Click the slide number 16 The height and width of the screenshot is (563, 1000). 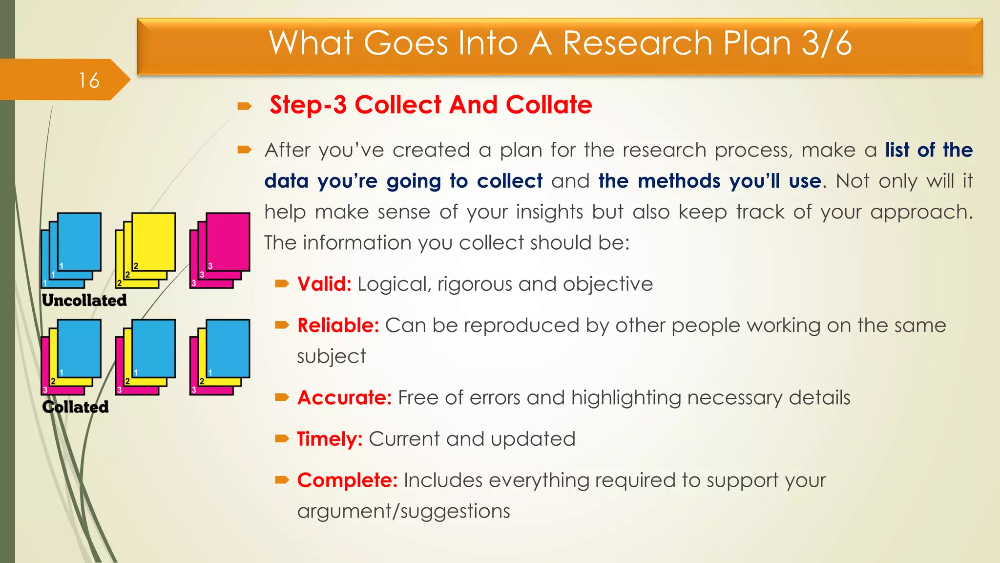[x=89, y=81]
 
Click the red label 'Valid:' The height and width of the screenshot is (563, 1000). [x=324, y=284]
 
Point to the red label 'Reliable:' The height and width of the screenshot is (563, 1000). [x=338, y=325]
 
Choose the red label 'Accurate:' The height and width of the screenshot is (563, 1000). [x=344, y=398]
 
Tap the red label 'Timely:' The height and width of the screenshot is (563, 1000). [x=330, y=439]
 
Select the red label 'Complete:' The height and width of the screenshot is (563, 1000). [x=347, y=480]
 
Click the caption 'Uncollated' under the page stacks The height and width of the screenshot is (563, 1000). [x=84, y=300]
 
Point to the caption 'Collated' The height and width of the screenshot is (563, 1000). [x=75, y=407]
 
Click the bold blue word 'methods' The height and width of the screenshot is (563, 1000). [x=679, y=181]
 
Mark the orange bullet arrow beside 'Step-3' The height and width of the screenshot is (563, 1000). [x=244, y=106]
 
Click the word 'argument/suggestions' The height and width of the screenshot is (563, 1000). [x=403, y=511]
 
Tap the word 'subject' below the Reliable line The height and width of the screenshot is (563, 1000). [x=331, y=356]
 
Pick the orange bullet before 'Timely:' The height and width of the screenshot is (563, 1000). [x=282, y=439]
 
